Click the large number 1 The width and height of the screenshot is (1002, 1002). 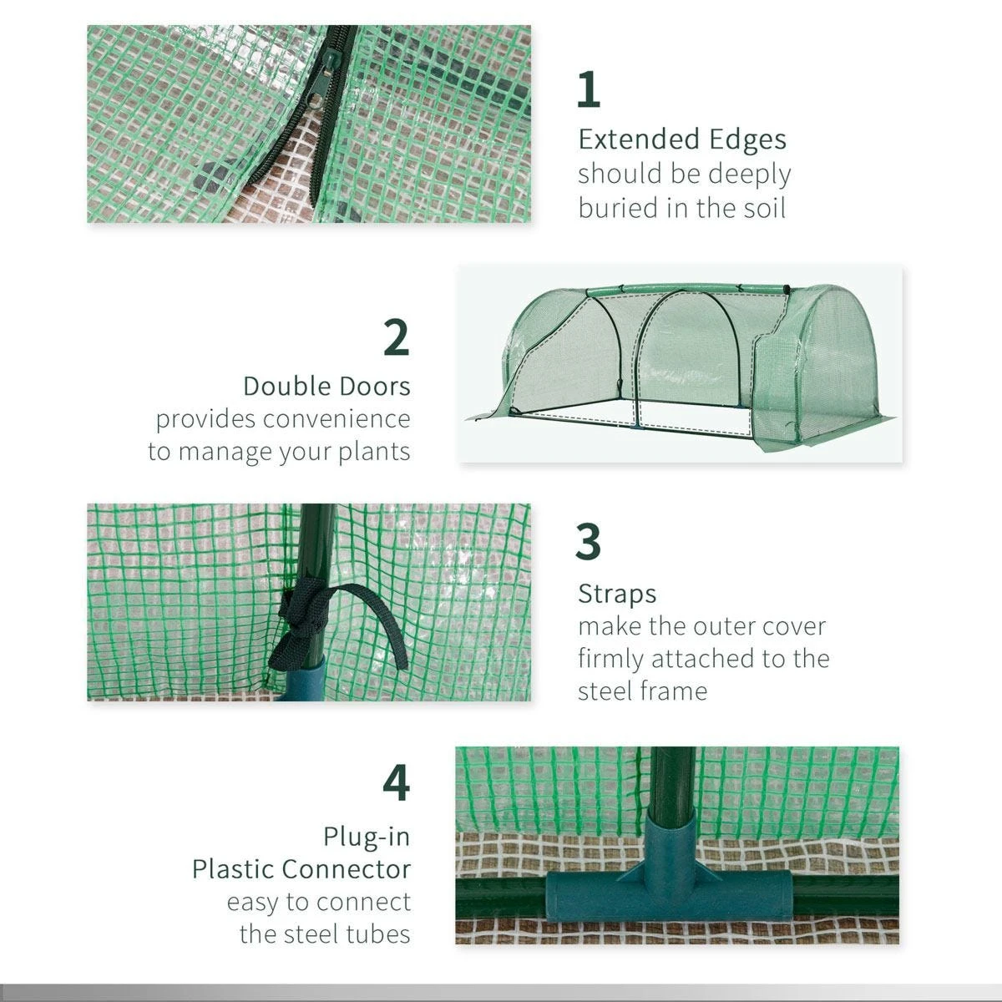[x=589, y=90]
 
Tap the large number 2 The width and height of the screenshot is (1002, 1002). [x=397, y=337]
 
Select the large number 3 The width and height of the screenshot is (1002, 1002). [x=589, y=542]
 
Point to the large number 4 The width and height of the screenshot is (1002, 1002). [x=397, y=783]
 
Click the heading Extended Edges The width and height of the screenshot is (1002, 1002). [x=682, y=139]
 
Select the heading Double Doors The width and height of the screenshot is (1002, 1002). [x=326, y=387]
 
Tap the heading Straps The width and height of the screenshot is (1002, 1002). [x=617, y=595]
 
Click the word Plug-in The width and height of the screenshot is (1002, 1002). [x=367, y=836]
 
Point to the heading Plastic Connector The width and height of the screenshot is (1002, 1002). [x=301, y=869]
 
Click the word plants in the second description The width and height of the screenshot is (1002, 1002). [x=373, y=452]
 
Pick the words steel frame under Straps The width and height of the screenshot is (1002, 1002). [x=642, y=691]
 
